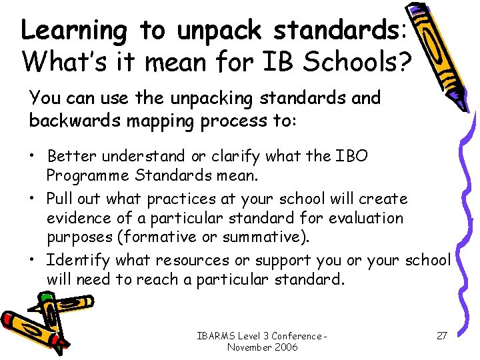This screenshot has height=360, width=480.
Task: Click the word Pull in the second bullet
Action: [x=59, y=199]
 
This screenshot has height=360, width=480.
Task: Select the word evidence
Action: [x=78, y=217]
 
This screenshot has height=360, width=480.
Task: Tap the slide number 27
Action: [x=441, y=335]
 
